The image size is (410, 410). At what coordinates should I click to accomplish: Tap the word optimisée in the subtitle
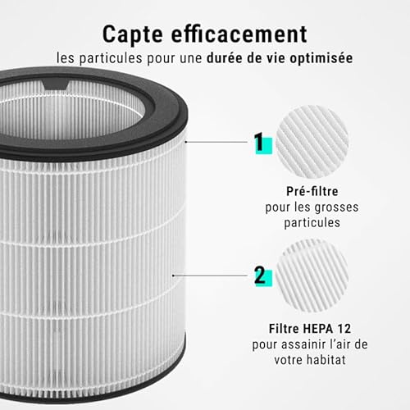(324, 60)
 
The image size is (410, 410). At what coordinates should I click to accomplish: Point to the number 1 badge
(259, 143)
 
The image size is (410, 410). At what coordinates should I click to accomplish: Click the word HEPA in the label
(321, 327)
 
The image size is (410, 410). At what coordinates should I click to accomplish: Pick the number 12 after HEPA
(348, 327)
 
